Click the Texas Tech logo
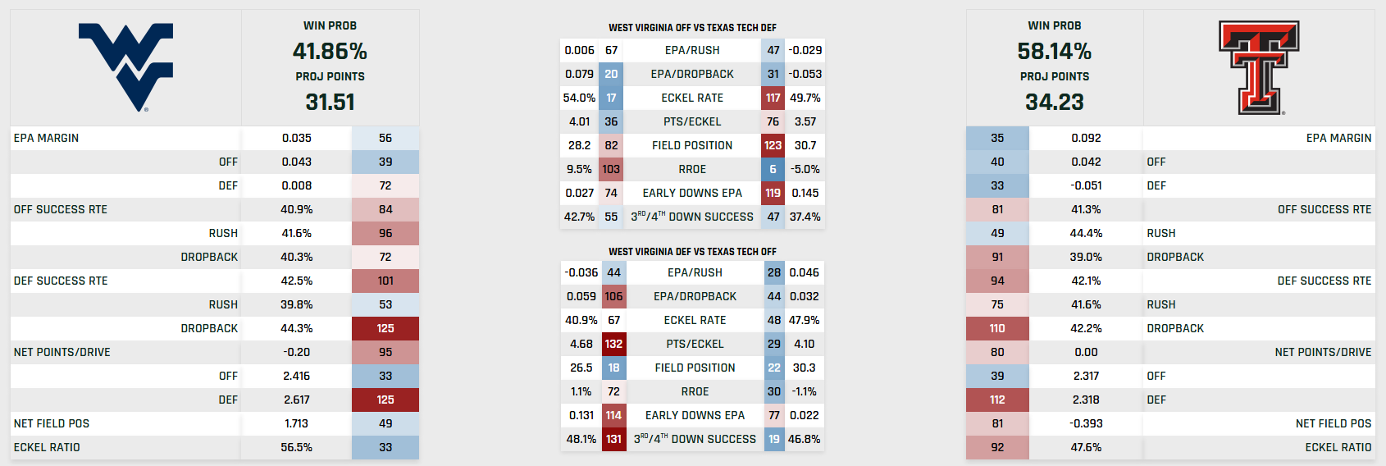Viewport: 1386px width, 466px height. click(1259, 67)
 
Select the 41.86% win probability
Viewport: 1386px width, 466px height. click(330, 51)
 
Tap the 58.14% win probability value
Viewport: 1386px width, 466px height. click(1054, 51)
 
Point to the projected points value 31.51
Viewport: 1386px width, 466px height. click(330, 102)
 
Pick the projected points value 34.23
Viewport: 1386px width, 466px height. click(1054, 102)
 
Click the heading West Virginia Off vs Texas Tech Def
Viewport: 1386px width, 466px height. click(692, 27)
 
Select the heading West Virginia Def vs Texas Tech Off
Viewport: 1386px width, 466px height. click(692, 251)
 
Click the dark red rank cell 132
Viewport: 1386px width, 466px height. click(613, 344)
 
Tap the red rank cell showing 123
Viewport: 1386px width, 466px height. click(773, 145)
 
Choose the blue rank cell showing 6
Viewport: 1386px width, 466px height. click(773, 169)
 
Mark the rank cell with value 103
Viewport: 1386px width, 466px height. click(611, 169)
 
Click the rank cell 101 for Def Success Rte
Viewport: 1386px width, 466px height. click(385, 281)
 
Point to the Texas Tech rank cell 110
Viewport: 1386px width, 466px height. click(997, 328)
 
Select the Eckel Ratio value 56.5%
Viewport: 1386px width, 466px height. click(296, 447)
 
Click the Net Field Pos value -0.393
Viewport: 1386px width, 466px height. click(1086, 423)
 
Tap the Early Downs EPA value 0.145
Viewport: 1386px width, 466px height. click(805, 193)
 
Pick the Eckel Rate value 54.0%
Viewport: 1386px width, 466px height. click(579, 98)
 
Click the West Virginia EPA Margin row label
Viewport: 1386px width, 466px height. click(47, 138)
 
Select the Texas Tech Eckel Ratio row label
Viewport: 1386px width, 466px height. click(1338, 447)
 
